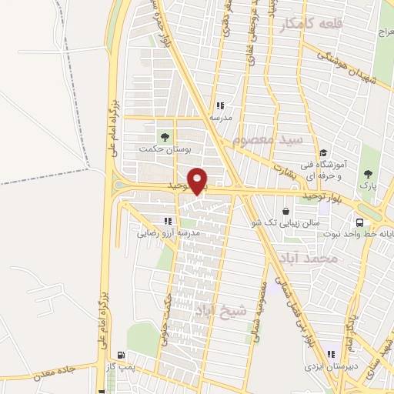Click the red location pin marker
pos(199,181)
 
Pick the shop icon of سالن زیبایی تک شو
pos(287,210)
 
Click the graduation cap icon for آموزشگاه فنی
pos(324,153)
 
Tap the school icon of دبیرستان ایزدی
pos(330,355)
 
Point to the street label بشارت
pos(282,164)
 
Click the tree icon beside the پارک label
pos(368,173)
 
